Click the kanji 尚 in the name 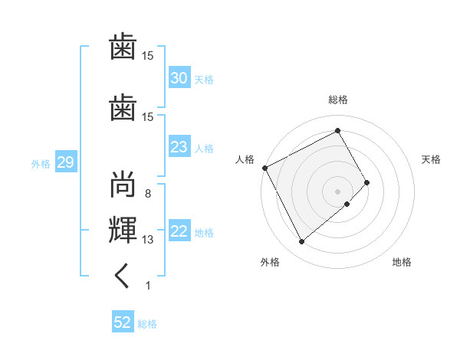[123, 184]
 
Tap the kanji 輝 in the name [123, 230]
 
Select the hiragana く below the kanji [122, 276]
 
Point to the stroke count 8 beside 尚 [148, 194]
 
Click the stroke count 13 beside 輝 [147, 240]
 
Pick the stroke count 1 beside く [148, 286]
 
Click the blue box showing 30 [179, 77]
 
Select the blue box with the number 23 [179, 146]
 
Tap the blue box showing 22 [179, 230]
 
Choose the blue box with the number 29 [66, 162]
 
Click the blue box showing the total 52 [123, 321]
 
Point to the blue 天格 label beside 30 [204, 80]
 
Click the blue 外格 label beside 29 [41, 164]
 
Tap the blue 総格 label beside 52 [147, 324]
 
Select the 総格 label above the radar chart [338, 100]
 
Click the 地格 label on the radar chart [402, 262]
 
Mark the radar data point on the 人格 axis [265, 168]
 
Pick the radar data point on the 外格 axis [301, 241]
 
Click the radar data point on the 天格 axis [366, 182]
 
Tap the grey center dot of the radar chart [337, 191]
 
